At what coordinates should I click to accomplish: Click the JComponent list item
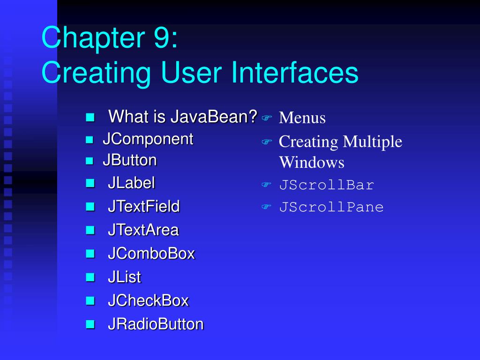[148, 139]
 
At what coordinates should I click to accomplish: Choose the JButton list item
[129, 160]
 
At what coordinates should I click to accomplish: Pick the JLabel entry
[131, 183]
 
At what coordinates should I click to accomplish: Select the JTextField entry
[143, 206]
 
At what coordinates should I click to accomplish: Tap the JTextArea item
[143, 230]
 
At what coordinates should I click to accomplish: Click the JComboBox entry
[151, 254]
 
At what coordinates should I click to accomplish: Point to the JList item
[124, 277]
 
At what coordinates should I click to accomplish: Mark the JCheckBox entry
[148, 300]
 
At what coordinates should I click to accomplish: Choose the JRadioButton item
[156, 324]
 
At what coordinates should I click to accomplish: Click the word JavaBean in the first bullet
[214, 116]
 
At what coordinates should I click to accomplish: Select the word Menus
[302, 118]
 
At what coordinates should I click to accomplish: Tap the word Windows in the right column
[311, 163]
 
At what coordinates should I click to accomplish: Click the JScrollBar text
[326, 185]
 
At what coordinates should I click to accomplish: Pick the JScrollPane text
[331, 207]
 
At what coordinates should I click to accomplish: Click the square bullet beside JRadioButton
[90, 324]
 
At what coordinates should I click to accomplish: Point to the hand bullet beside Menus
[267, 118]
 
